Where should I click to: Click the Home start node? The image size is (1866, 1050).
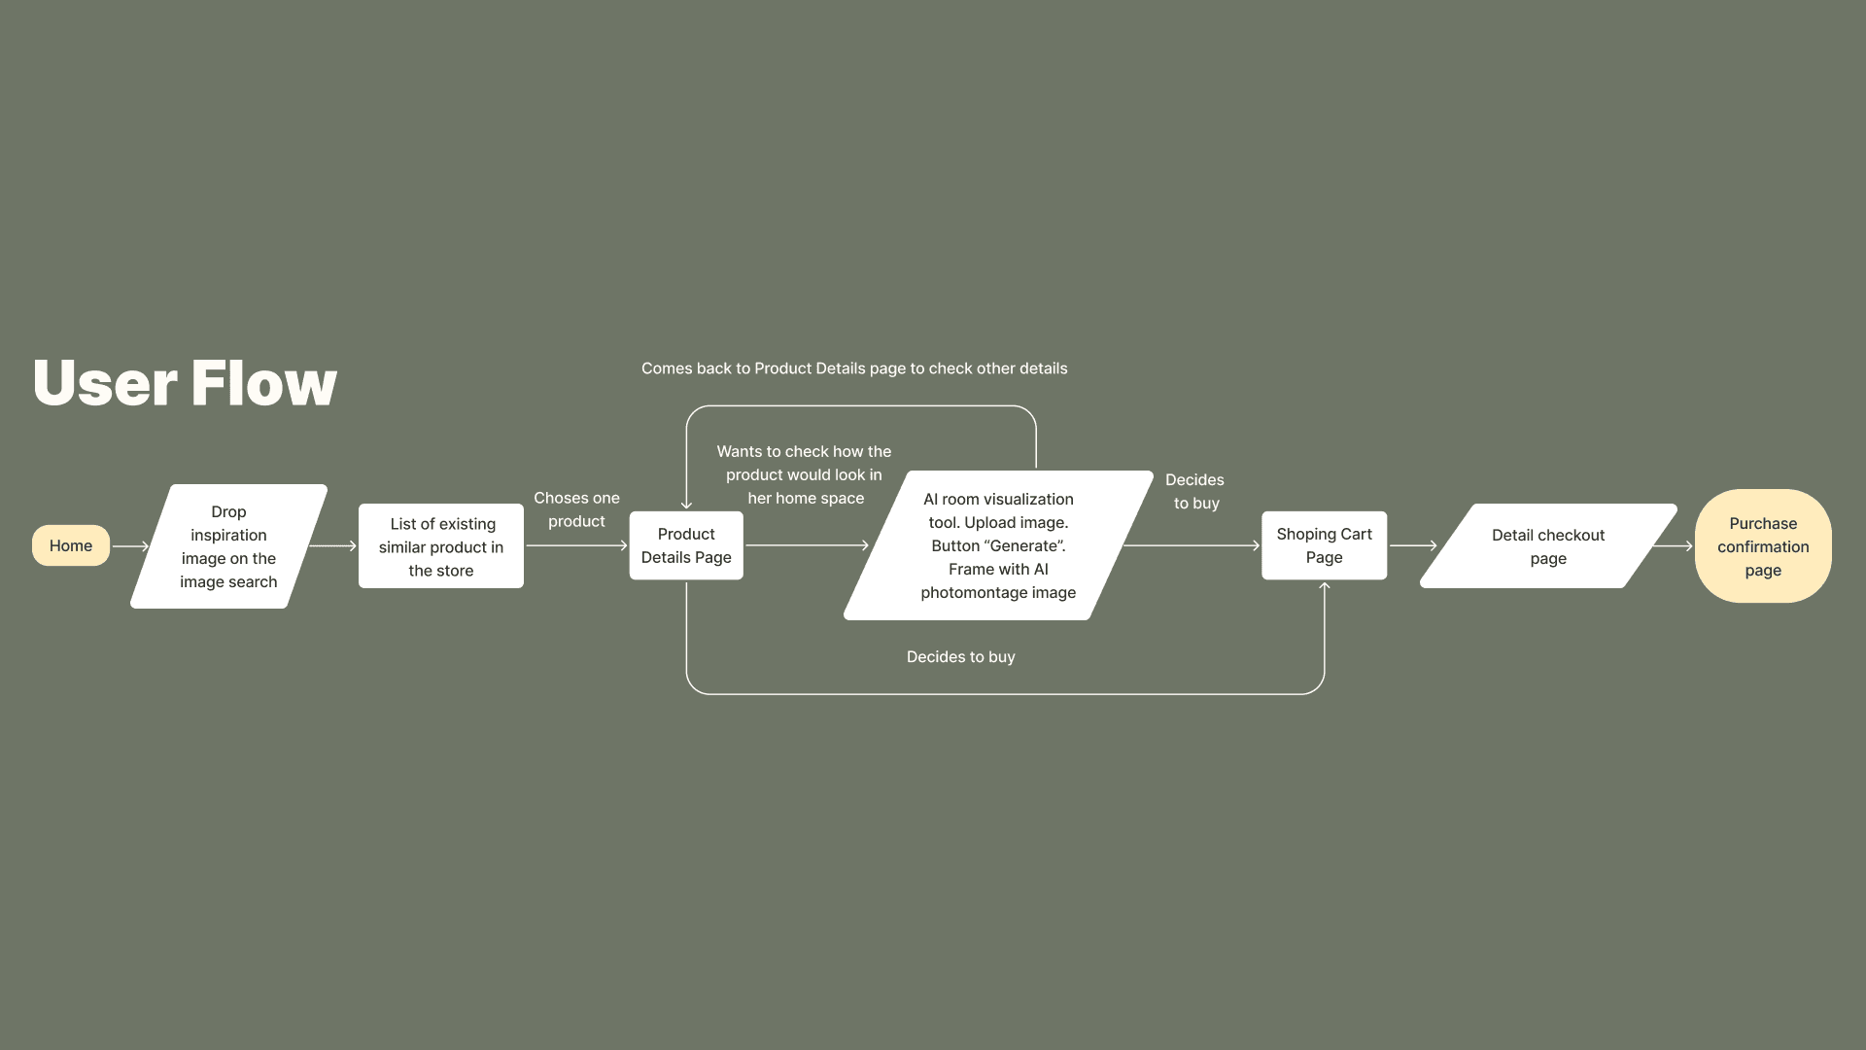[71, 545]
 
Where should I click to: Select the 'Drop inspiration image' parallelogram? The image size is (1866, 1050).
[228, 546]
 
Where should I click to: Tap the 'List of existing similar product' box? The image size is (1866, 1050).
[441, 546]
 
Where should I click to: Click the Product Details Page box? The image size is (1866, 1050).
[686, 545]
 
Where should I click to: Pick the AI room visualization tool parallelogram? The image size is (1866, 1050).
[998, 545]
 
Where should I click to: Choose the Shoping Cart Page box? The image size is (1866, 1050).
[1324, 545]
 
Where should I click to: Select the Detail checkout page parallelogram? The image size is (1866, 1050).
[1547, 546]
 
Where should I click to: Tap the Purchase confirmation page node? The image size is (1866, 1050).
[1763, 546]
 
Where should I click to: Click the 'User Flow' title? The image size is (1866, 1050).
[185, 382]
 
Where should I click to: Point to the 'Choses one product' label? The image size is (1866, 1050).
[576, 509]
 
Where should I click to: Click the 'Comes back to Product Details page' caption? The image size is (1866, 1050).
[854, 368]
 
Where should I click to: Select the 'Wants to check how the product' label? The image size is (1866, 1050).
[805, 474]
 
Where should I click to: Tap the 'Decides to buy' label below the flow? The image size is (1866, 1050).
[960, 657]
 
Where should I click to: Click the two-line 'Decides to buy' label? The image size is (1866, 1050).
[1195, 491]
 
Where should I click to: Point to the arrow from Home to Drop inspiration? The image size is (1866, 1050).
[130, 546]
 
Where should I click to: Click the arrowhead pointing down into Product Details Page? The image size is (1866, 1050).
[686, 504]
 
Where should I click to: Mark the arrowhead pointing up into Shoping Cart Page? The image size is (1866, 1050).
[1324, 586]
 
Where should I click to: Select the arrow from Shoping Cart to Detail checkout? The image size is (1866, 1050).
[1413, 546]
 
